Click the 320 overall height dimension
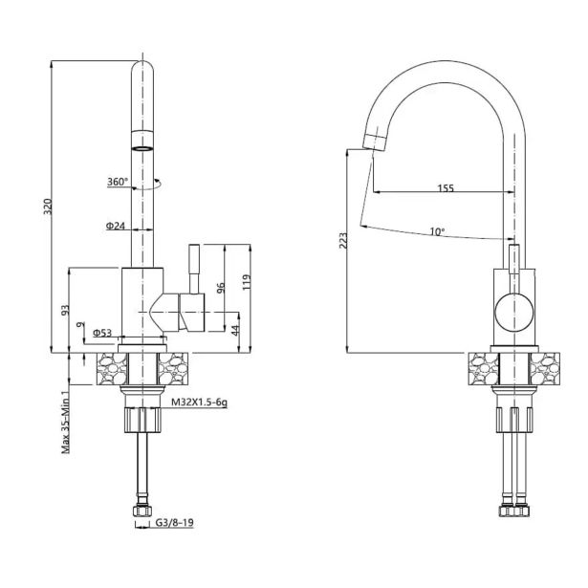tap(48, 207)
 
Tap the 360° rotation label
tap(118, 182)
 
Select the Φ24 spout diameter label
tap(116, 226)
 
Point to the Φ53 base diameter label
tap(102, 333)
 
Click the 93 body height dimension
tap(66, 310)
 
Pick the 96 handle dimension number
tap(221, 288)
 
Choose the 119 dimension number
tap(247, 282)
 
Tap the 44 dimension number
tap(235, 331)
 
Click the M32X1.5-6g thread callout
tap(199, 403)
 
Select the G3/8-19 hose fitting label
tap(174, 522)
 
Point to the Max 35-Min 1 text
tap(66, 421)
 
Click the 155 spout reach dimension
tap(446, 187)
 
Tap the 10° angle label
tap(437, 231)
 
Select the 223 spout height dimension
tap(343, 241)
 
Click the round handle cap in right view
tap(514, 313)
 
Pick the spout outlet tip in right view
tap(375, 142)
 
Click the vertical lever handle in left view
tap(194, 270)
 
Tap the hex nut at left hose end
tap(142, 511)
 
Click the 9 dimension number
tap(78, 325)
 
